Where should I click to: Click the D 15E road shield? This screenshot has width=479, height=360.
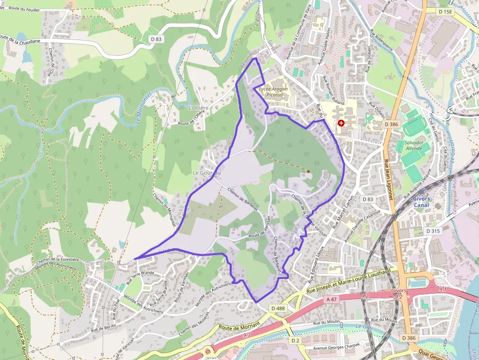[x=446, y=11]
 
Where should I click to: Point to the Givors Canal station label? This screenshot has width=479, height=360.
[x=421, y=202]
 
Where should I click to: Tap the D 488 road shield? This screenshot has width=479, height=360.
[x=277, y=308]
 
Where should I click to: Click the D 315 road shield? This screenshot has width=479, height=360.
[x=433, y=231]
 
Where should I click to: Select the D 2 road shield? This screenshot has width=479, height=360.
[x=295, y=340]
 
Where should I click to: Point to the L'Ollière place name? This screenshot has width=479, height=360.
[x=198, y=108]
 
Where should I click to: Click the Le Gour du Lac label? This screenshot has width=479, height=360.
[x=207, y=176]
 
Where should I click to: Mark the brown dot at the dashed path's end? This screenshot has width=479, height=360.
[x=308, y=171]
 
